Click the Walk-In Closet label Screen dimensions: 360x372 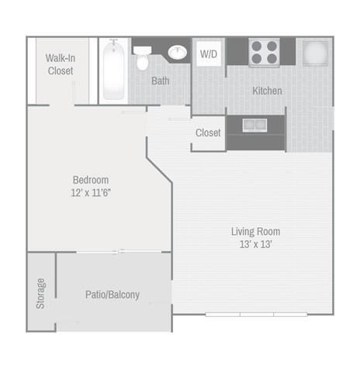click(x=61, y=64)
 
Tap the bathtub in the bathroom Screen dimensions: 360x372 click(x=113, y=70)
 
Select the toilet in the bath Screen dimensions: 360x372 click(x=142, y=58)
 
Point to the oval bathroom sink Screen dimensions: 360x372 click(x=178, y=53)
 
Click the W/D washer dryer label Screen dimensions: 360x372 click(x=209, y=54)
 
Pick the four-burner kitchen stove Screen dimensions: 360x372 click(x=264, y=53)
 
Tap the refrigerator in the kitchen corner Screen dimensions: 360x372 click(x=316, y=53)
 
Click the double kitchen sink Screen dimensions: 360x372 click(x=254, y=125)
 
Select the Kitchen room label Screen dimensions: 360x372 click(x=267, y=91)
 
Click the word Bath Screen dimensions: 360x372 click(x=161, y=81)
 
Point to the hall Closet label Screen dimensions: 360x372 click(x=208, y=133)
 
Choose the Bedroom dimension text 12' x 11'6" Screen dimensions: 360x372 click(x=91, y=193)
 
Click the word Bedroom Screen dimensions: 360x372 click(x=91, y=180)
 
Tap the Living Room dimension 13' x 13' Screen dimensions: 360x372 click(x=256, y=244)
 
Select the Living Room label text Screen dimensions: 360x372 click(x=256, y=232)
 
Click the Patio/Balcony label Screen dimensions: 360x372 click(x=112, y=294)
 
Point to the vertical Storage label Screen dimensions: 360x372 click(x=40, y=294)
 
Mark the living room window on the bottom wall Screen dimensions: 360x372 click(x=256, y=315)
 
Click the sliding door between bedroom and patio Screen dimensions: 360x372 click(x=119, y=252)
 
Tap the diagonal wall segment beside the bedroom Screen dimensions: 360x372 click(x=159, y=170)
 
